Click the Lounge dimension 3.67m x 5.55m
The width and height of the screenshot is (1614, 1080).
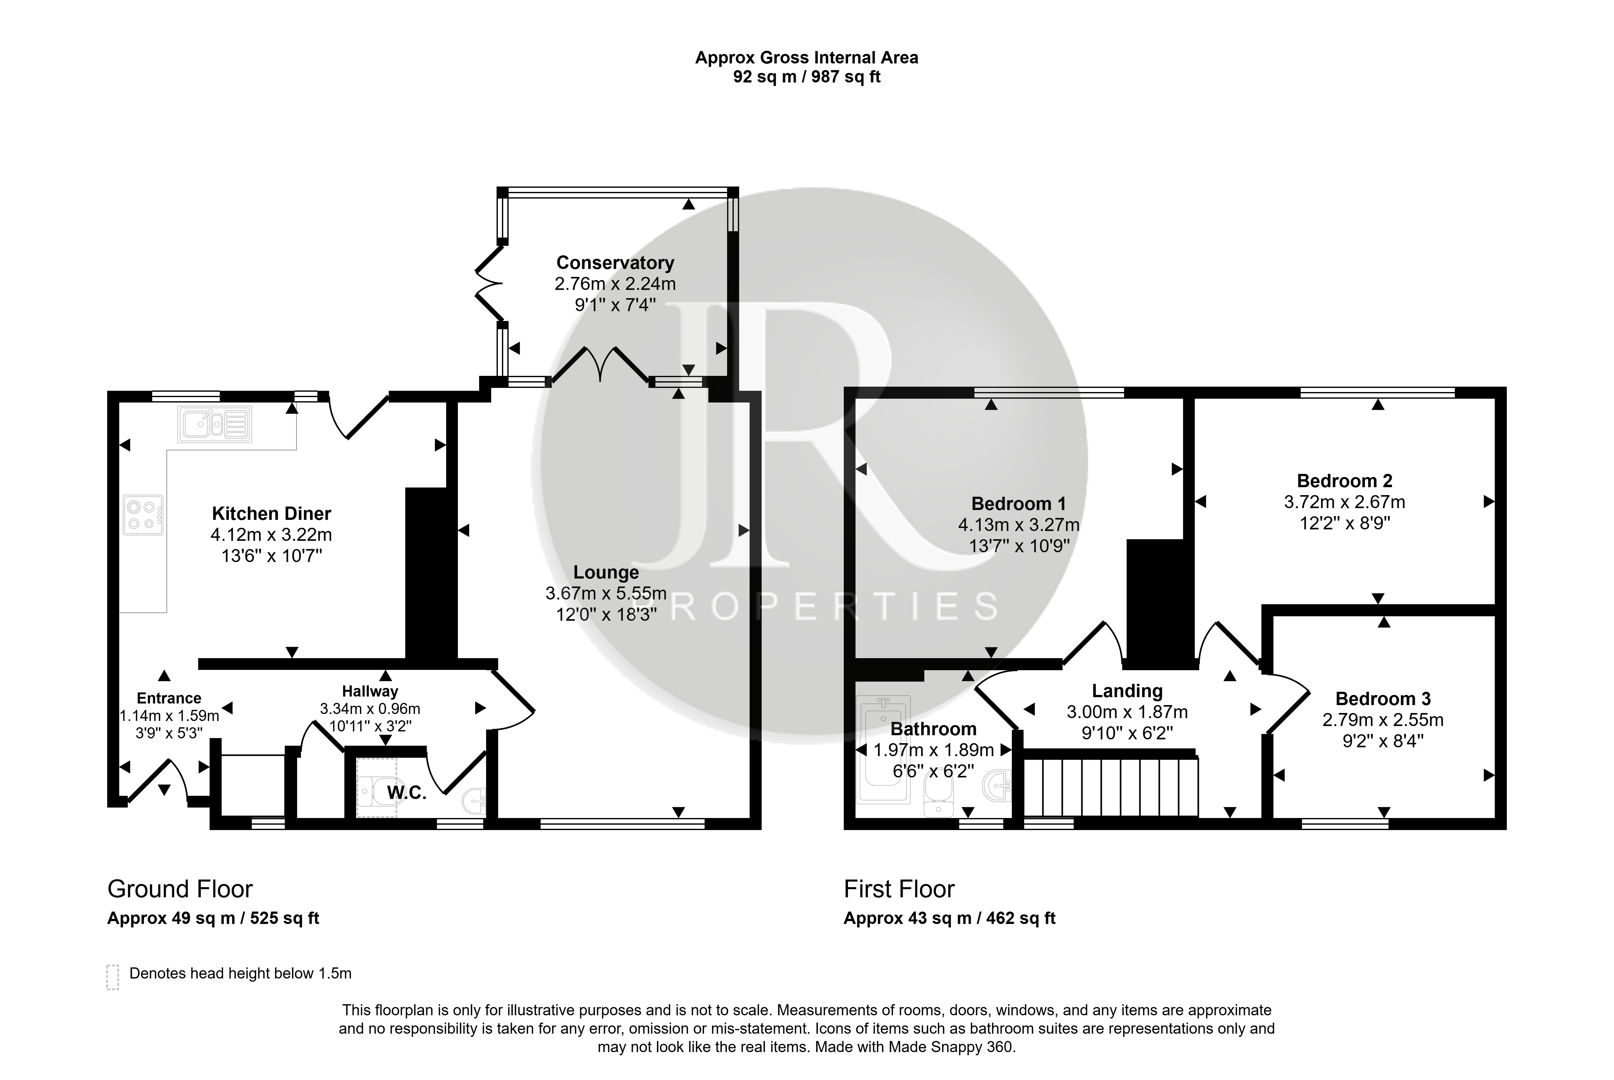606,593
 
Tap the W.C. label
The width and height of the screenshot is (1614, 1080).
406,793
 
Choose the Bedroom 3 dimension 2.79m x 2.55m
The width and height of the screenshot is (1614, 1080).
1383,720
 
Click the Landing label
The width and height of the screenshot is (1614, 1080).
1127,691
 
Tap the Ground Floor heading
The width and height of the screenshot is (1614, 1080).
180,889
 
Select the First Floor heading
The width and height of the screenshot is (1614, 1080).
899,889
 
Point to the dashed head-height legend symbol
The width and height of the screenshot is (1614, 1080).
113,977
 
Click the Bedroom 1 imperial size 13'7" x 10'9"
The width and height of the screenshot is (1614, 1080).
1019,546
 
